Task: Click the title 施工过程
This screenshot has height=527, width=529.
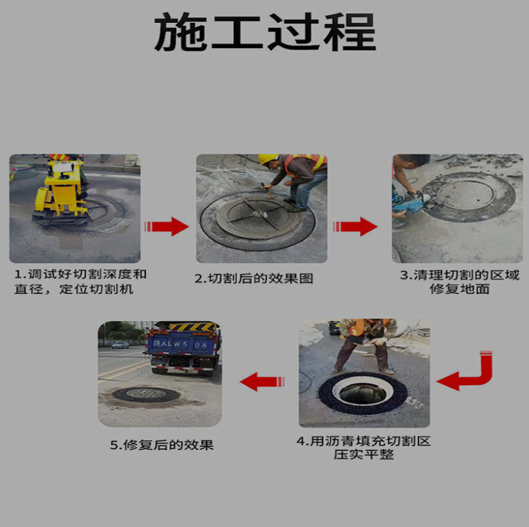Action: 265,32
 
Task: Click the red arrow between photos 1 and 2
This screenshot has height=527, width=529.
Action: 166,227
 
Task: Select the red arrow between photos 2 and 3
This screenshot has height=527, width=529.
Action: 355,227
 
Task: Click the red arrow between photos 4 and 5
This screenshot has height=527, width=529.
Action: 262,382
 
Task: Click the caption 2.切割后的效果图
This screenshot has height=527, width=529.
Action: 254,278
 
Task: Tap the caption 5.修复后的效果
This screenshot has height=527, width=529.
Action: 162,445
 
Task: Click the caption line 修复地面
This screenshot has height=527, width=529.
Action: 459,289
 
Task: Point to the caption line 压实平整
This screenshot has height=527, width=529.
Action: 364,454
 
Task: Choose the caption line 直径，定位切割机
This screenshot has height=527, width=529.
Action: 74,289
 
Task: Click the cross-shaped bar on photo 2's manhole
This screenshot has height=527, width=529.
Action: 257,212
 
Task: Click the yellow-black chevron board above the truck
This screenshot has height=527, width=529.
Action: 193,327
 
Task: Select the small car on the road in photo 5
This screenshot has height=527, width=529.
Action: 120,345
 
